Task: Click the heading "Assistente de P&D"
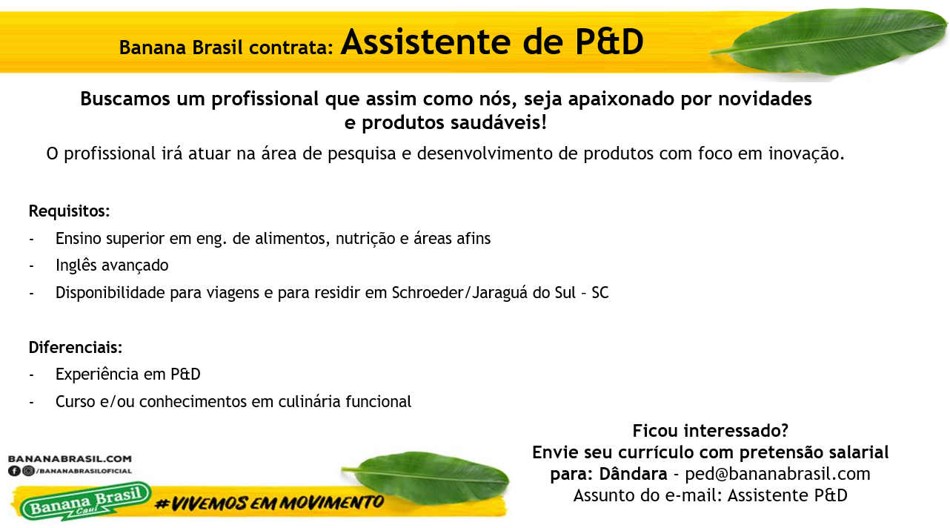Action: click(492, 43)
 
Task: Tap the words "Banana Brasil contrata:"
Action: click(226, 47)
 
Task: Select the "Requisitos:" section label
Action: click(69, 211)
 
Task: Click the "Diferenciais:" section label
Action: click(75, 348)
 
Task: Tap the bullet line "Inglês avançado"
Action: click(112, 265)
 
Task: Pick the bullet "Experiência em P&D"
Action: click(127, 374)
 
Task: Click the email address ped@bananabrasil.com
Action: click(777, 474)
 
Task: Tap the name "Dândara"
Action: click(633, 474)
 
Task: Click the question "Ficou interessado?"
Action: click(710, 431)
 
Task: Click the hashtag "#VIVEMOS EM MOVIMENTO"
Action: click(270, 503)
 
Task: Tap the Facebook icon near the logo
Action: click(14, 471)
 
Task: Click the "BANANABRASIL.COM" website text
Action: click(70, 460)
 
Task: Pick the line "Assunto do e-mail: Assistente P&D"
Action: click(710, 495)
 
